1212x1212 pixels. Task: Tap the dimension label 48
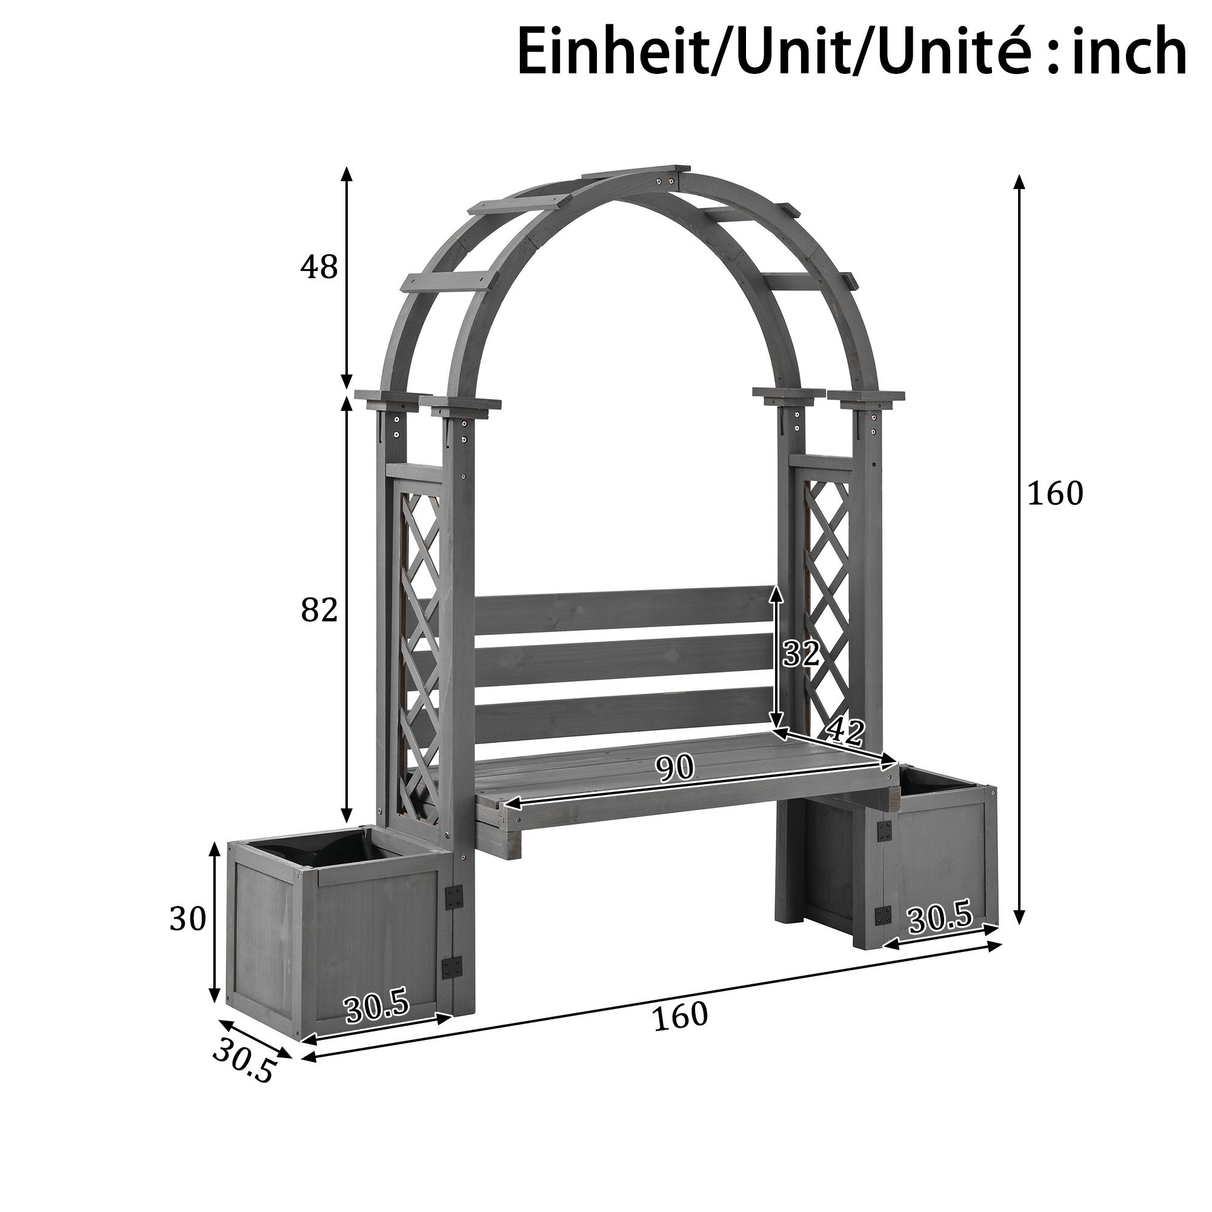pyautogui.click(x=319, y=268)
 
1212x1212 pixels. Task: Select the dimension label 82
pyautogui.click(x=319, y=610)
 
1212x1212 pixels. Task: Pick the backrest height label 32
pyautogui.click(x=801, y=654)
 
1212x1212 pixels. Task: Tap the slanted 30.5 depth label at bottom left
pyautogui.click(x=244, y=1062)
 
